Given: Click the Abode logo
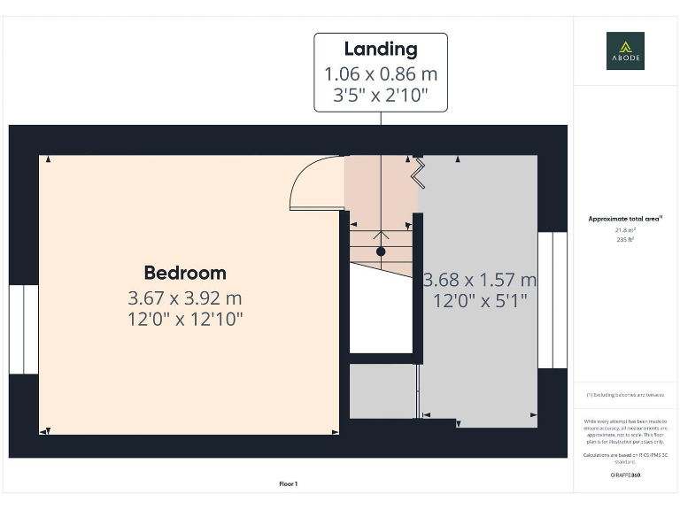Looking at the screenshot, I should pyautogui.click(x=625, y=50).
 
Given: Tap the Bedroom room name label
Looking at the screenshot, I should pyautogui.click(x=185, y=273).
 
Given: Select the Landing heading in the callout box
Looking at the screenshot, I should pyautogui.click(x=381, y=50).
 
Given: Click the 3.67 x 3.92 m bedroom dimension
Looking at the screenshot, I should pyautogui.click(x=185, y=297).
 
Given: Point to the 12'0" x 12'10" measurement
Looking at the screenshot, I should pyautogui.click(x=185, y=318).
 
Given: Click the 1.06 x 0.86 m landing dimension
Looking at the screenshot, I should pyautogui.click(x=381, y=73).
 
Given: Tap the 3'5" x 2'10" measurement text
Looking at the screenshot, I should pyautogui.click(x=381, y=96).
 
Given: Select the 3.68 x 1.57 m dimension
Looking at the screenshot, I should pyautogui.click(x=480, y=281).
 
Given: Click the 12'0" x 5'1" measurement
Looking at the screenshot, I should pyautogui.click(x=480, y=301).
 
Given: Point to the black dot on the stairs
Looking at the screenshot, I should pyautogui.click(x=381, y=251).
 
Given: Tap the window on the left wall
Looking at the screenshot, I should pyautogui.click(x=24, y=329).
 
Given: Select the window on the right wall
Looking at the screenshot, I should pyautogui.click(x=552, y=300).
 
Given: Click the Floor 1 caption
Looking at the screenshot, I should pyautogui.click(x=289, y=483).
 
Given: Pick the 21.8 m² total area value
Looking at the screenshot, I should pyautogui.click(x=625, y=229).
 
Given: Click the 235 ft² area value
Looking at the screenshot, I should pyautogui.click(x=625, y=239).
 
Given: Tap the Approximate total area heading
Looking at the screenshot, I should pyautogui.click(x=625, y=219).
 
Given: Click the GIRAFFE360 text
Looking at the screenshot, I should pyautogui.click(x=625, y=475).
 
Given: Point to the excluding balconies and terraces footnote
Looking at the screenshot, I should pyautogui.click(x=625, y=395).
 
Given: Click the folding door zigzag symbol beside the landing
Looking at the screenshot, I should pyautogui.click(x=418, y=170).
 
